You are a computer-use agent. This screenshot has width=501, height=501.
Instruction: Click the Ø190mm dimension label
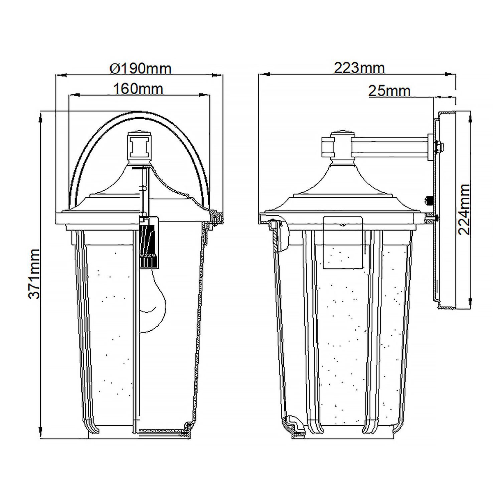(140, 68)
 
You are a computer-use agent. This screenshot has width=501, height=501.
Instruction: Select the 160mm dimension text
(138, 89)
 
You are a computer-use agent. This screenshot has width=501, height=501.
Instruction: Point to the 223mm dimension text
(359, 68)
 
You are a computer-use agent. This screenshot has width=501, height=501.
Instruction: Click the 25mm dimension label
(389, 91)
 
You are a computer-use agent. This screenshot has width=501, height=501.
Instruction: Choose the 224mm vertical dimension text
(464, 209)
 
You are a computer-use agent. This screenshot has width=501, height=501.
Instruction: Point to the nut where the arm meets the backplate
(438, 146)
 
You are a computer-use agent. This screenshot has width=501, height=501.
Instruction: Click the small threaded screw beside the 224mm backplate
(429, 201)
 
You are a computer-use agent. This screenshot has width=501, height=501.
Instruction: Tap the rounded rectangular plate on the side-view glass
(343, 242)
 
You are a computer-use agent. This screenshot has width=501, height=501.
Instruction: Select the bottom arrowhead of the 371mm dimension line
(40, 430)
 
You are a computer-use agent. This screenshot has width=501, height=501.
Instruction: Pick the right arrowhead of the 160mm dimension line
(202, 95)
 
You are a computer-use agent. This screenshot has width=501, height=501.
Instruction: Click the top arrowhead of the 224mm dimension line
(471, 117)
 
